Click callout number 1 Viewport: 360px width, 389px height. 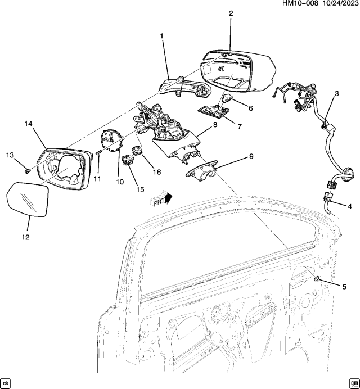tap(162, 37)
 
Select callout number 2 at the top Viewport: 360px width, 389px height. tap(230, 13)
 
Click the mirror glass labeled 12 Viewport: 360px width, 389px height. tap(26, 197)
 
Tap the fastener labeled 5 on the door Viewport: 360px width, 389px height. tap(318, 279)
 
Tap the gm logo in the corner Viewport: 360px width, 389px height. tap(353, 382)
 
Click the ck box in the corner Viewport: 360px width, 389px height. tap(6, 382)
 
